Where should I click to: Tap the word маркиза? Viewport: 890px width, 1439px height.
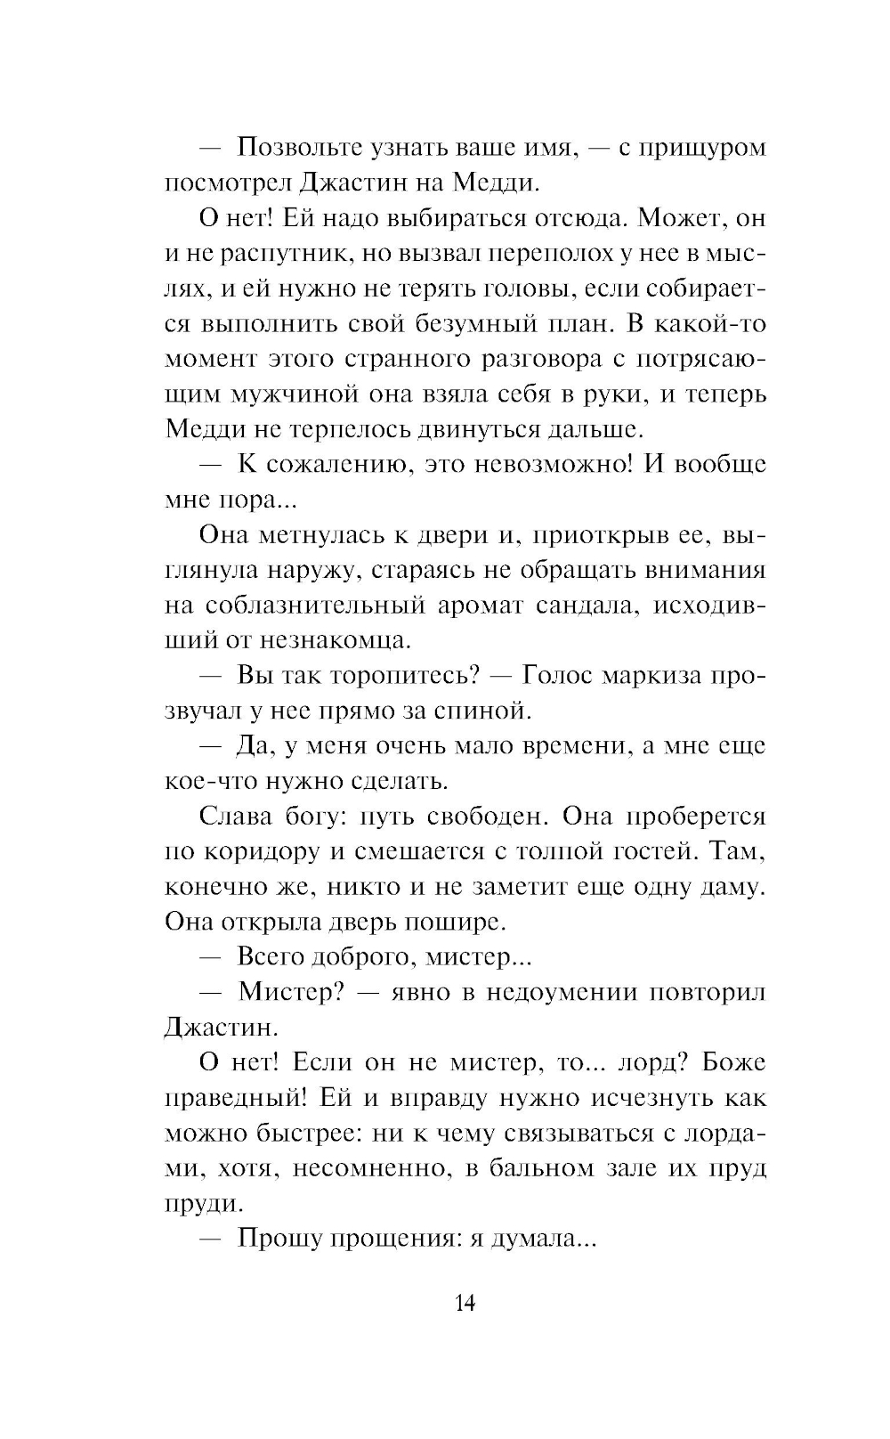tap(650, 675)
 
